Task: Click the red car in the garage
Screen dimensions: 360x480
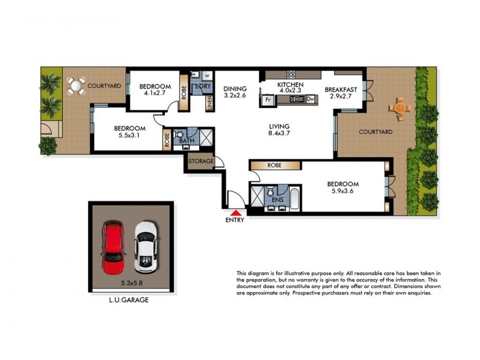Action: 113,247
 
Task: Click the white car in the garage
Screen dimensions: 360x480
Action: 145,247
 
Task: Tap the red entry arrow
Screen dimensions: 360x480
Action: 236,211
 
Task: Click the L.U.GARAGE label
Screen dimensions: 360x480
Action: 128,301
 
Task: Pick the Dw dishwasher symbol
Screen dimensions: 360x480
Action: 310,100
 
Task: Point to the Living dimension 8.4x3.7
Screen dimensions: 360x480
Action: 280,134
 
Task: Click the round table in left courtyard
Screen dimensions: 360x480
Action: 76,86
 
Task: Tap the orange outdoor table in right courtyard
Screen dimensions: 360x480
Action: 400,109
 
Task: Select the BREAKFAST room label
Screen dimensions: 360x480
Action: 341,89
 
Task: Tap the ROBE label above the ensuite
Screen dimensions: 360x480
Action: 275,165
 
